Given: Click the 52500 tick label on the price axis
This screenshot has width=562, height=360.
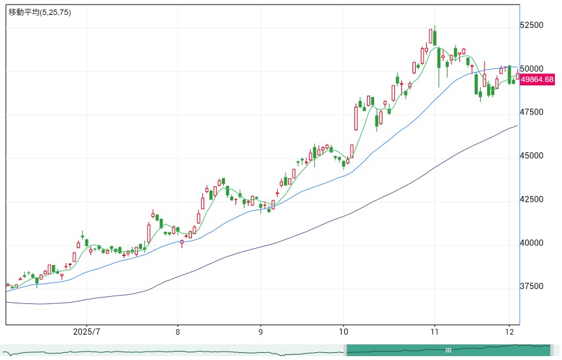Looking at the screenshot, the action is pos(531,25).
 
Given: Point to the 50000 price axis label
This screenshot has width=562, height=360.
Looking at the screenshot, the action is pos(531,68).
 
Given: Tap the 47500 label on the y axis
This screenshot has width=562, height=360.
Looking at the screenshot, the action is pos(531,112).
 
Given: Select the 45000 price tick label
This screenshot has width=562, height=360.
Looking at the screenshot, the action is pos(531,156).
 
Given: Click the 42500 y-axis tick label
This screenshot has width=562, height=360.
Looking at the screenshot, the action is pos(531,199).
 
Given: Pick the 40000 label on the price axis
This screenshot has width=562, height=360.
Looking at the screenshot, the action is pos(531,243).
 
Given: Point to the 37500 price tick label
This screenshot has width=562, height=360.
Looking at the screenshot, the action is pos(531,286).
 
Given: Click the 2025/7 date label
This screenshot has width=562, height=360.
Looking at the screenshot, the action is pos(87,331).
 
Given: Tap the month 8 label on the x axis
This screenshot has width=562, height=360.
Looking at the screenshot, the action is pos(178,331).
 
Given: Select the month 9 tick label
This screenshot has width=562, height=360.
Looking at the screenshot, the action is pos(261,331).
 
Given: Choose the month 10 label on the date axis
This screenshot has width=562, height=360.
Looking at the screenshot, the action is pos(343,331).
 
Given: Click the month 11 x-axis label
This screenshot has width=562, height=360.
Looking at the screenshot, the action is pos(435,331).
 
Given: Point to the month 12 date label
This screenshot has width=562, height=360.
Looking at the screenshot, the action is pos(509,331).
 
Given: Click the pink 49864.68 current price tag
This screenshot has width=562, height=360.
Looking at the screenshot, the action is pos(537,79).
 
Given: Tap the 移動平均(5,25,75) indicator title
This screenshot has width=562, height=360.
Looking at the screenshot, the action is pos(40,12).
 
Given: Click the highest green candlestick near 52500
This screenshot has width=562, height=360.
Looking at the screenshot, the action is pos(435,38).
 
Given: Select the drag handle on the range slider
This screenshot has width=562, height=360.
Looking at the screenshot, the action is pos(448,350).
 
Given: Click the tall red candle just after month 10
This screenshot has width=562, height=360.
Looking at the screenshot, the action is pos(356,117).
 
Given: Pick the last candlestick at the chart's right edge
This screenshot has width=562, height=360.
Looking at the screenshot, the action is pos(518,76).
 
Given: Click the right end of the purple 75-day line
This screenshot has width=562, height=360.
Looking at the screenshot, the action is pos(518,126).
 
